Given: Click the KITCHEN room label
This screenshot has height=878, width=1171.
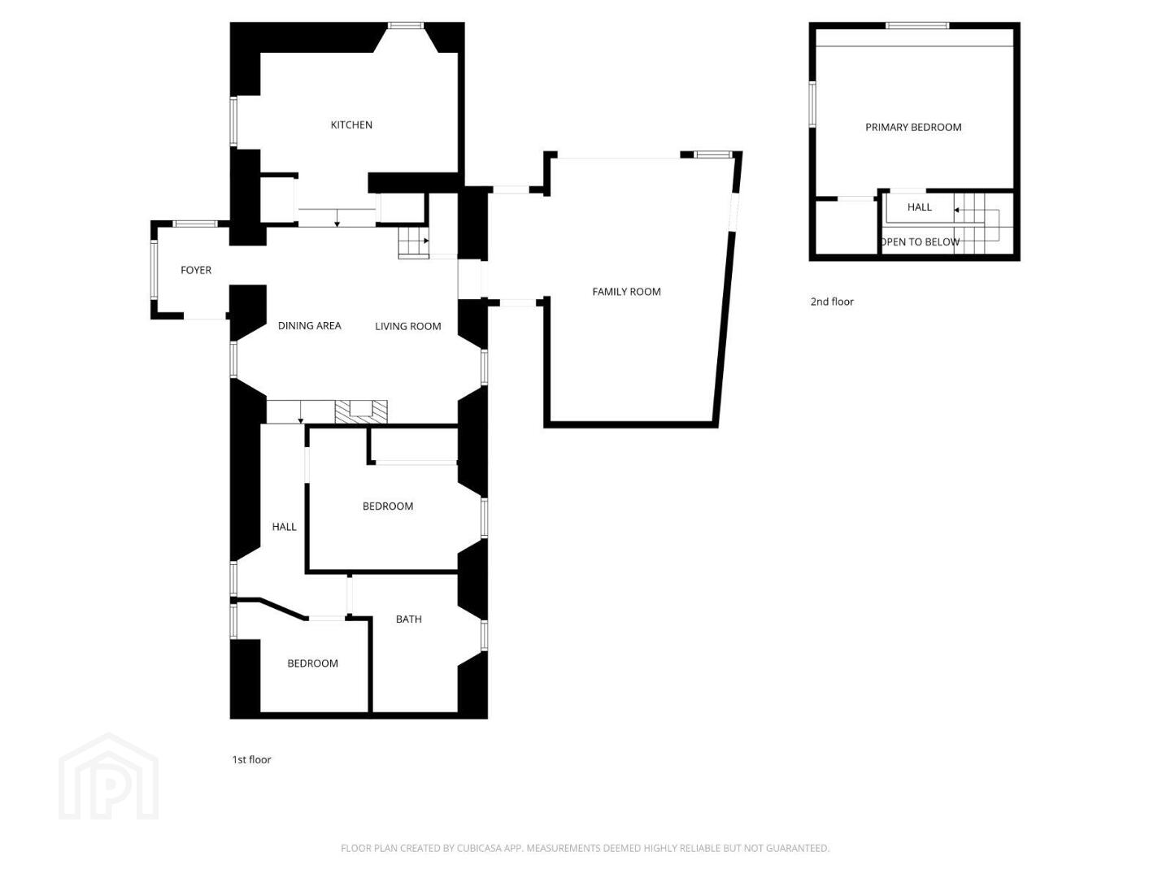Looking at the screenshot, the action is (x=351, y=124).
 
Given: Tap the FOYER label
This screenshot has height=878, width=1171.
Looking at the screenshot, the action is (x=196, y=270).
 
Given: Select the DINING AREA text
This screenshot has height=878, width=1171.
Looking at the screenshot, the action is (x=310, y=326).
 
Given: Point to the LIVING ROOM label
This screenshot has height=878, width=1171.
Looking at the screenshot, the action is (x=407, y=326).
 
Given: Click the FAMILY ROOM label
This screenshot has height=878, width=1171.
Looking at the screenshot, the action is (x=626, y=292).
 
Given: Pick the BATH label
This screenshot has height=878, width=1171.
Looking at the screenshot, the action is (x=409, y=619).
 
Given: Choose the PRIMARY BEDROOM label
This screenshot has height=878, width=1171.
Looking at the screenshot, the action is (x=912, y=128).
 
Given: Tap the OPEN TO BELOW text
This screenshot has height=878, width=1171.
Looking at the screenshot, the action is (x=919, y=242).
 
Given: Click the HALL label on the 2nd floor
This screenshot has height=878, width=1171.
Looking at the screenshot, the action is (x=919, y=207).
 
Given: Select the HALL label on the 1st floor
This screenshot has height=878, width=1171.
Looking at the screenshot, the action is (x=284, y=527).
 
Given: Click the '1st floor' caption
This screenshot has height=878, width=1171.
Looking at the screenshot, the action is (x=251, y=759).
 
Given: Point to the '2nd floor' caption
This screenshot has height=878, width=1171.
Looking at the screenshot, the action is (x=832, y=302).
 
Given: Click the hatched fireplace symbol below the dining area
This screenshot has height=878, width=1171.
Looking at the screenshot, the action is (x=360, y=412).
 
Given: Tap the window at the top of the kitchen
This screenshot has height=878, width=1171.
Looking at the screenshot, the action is (x=406, y=25).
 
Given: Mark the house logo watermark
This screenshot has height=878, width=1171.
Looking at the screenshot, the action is (x=108, y=776).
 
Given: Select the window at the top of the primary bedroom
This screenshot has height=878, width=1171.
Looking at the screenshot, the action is (x=917, y=25).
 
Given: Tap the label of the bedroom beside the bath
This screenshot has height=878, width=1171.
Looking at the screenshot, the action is (x=312, y=663).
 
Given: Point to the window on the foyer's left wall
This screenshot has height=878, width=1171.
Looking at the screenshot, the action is (x=155, y=270).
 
